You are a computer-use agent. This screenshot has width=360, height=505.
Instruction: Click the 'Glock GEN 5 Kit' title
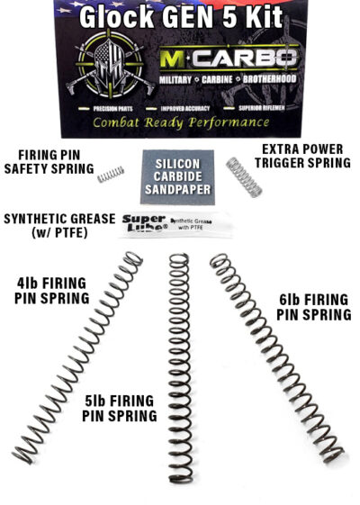point(181,17)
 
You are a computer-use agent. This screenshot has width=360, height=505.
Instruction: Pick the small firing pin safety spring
point(111,174)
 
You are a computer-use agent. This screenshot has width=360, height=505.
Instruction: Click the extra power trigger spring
point(244,176)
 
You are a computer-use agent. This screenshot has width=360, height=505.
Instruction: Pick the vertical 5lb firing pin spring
point(179,360)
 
